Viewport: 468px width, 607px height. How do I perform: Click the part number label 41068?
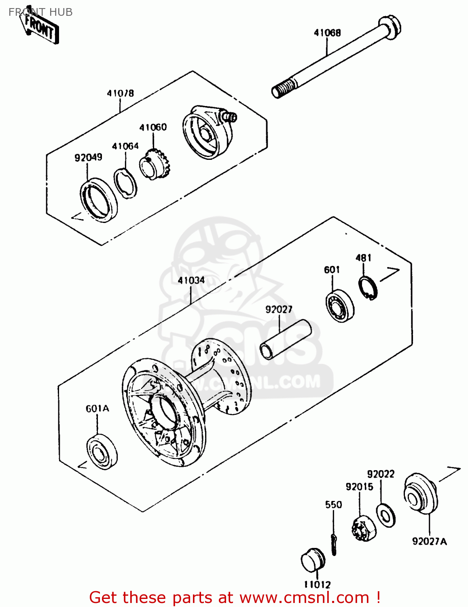327,33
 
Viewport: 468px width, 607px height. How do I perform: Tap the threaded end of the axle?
283,89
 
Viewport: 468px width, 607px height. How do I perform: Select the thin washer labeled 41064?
125,184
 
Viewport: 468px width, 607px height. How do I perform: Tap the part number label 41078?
120,93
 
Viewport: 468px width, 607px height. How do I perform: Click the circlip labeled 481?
368,288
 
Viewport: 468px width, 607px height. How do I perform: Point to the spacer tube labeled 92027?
286,339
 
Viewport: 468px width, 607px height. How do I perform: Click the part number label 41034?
191,280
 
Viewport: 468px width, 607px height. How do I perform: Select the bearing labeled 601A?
102,452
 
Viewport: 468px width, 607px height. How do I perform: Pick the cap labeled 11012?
313,560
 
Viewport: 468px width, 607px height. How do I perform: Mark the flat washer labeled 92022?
386,515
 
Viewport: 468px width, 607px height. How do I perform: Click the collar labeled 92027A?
421,494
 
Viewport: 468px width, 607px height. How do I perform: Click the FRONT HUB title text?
40,12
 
